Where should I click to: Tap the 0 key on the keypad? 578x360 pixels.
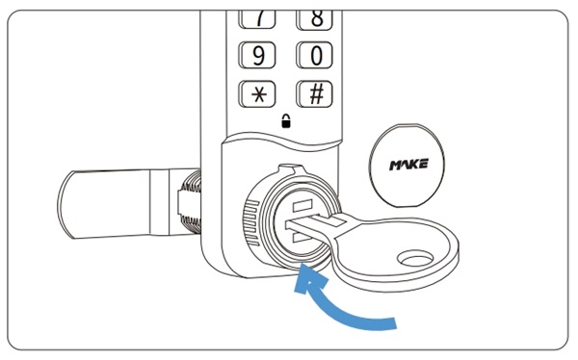point(314,55)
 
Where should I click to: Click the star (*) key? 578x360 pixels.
point(257,94)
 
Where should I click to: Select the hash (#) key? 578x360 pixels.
point(314,94)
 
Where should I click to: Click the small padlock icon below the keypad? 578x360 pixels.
point(286,121)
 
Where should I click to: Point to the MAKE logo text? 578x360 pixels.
point(408,165)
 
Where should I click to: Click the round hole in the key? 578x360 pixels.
point(415,259)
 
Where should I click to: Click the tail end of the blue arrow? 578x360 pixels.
point(394,323)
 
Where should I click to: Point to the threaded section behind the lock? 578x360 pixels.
point(191,202)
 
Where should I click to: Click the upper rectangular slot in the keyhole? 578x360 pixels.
point(302,205)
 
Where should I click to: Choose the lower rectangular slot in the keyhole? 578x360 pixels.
point(301,237)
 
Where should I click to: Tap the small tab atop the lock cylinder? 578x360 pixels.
point(292,169)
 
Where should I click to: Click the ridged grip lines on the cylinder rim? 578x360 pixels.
point(251,223)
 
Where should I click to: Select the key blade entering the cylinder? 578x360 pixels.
point(313,225)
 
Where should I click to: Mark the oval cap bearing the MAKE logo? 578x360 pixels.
point(407,166)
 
